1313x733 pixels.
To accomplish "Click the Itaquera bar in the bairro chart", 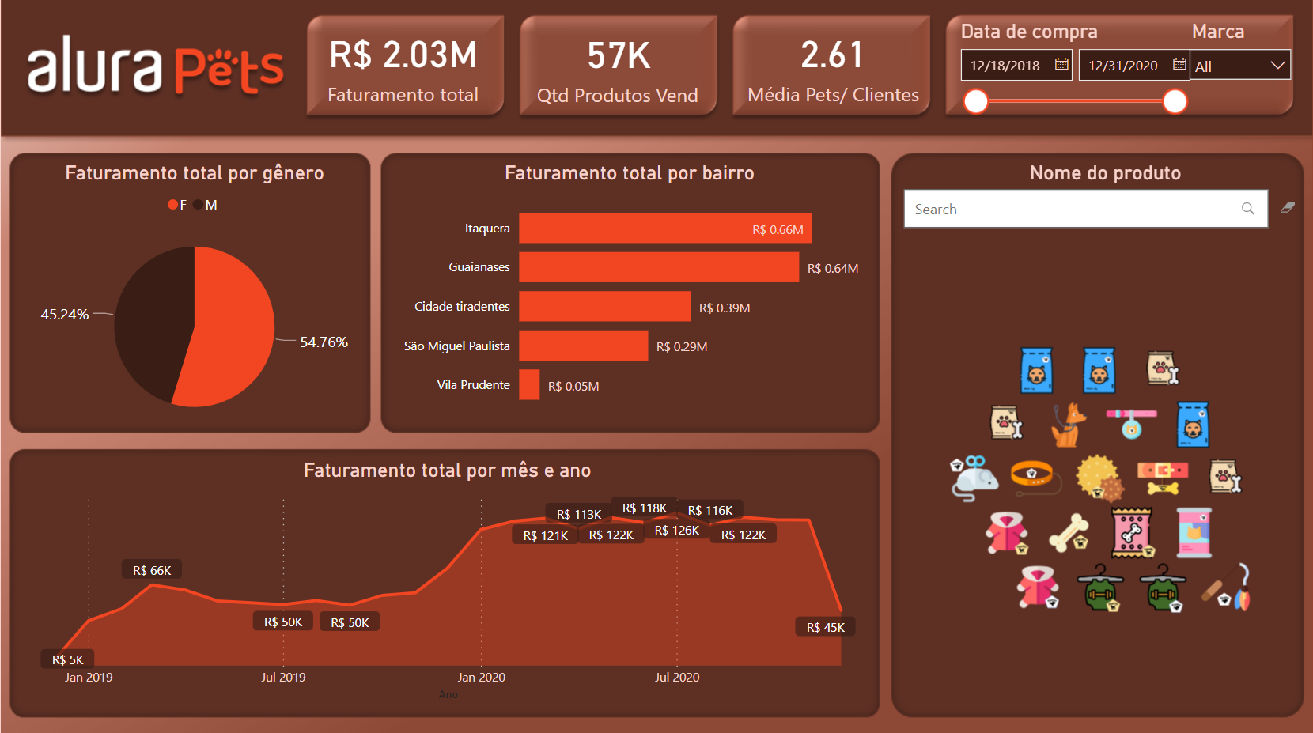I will point(664,229).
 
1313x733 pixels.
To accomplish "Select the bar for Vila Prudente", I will point(529,385).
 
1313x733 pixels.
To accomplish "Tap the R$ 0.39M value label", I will point(725,308).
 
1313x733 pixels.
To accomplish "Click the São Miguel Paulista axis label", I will point(456,346).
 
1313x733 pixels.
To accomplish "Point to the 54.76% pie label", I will point(324,342).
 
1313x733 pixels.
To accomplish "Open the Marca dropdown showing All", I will point(1239,66).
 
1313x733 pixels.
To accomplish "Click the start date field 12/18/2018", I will point(1005,66).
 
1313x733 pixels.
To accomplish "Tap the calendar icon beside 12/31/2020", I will point(1179,65).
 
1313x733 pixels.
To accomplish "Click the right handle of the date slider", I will point(1175,101).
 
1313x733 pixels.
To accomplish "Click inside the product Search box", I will point(1076,210).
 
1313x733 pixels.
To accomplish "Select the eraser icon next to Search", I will point(1288,208).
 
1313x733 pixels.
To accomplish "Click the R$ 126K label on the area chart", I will point(677,531).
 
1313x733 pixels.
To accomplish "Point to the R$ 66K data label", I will point(152,571).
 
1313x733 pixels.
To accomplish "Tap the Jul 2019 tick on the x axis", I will point(283,678).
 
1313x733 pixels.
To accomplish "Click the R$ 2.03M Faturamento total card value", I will point(403,55).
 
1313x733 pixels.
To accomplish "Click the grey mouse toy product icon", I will point(974,478).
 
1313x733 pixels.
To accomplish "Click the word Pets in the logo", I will point(229,70).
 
